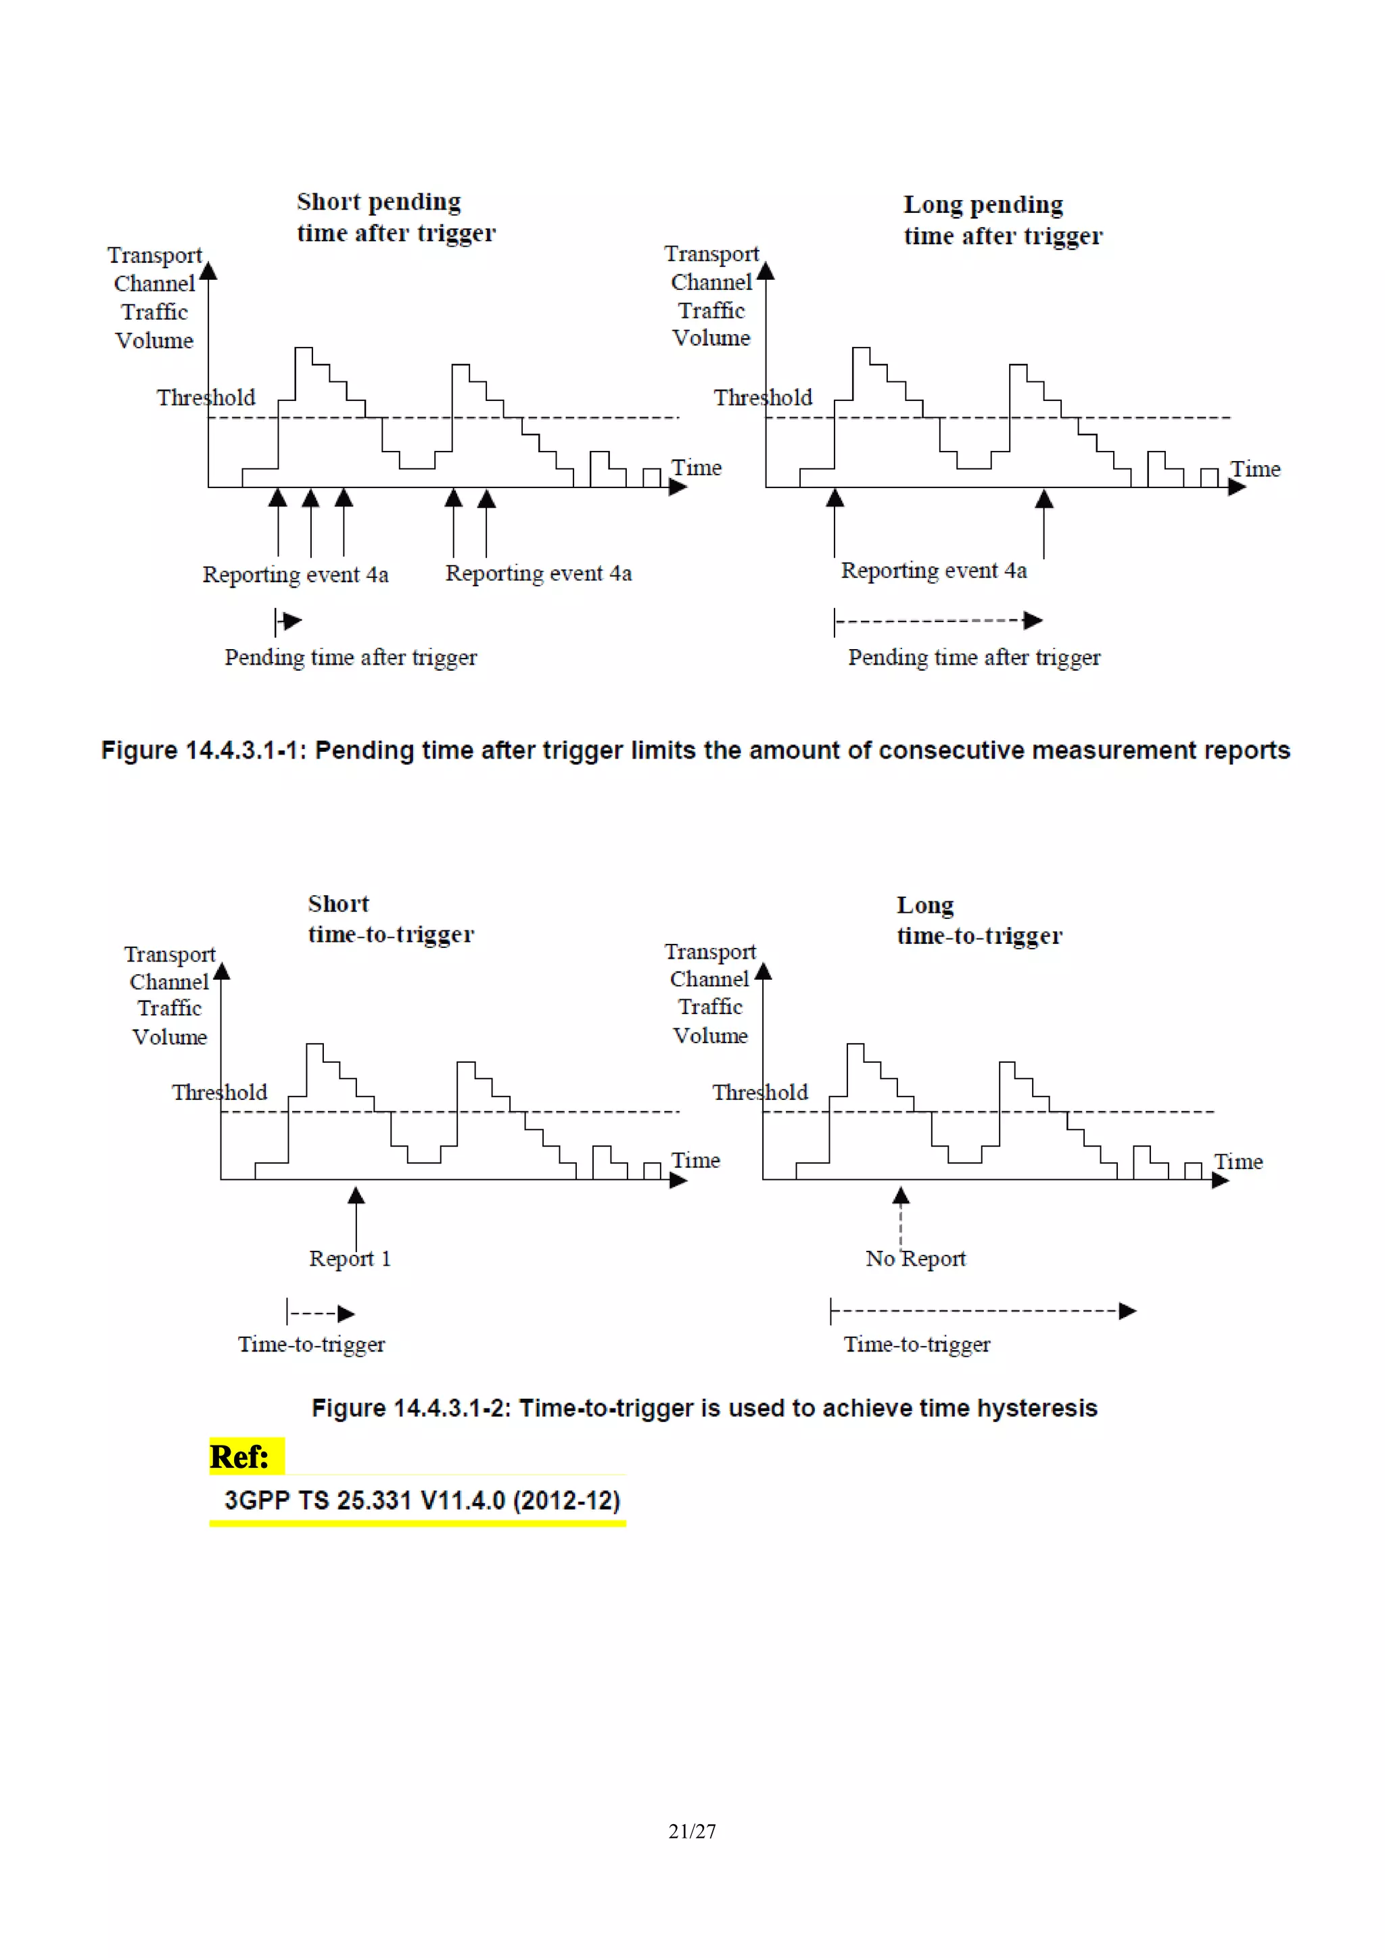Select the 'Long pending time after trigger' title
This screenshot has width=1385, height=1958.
click(1003, 219)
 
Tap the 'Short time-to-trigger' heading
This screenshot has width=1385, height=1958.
click(391, 918)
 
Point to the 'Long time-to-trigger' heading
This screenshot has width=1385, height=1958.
click(979, 920)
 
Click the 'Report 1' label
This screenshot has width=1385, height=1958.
click(350, 1259)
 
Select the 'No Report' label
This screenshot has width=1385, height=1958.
click(915, 1259)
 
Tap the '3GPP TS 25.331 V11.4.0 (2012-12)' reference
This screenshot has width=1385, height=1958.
click(421, 1500)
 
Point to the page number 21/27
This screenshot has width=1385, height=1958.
click(692, 1831)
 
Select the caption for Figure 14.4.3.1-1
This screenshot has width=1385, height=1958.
click(695, 750)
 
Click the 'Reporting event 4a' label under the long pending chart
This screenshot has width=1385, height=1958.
click(934, 571)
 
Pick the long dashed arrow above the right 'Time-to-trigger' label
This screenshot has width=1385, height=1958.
click(983, 1311)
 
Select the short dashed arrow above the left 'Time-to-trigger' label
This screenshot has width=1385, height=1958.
click(321, 1312)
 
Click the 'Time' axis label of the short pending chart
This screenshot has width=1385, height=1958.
click(696, 467)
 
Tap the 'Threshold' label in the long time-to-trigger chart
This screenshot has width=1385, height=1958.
click(760, 1093)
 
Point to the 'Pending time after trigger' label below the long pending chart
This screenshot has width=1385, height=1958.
click(974, 657)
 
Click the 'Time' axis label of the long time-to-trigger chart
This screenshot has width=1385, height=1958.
click(1238, 1162)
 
